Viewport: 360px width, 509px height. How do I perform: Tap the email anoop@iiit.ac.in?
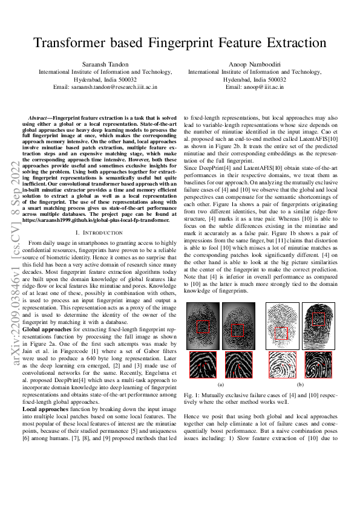tap(254, 87)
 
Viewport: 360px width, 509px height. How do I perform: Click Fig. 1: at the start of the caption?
tap(190, 394)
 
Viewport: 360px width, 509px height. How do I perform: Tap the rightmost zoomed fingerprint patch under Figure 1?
tap(318, 365)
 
